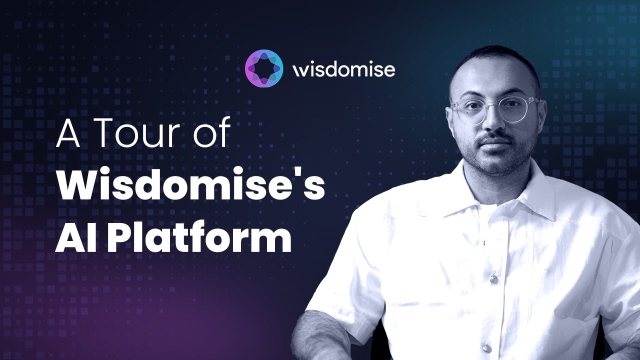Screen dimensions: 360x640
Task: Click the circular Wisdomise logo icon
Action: pos(264,69)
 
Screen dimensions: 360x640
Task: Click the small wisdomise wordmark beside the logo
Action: pos(343,69)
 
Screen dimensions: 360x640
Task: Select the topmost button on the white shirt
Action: pos(484,243)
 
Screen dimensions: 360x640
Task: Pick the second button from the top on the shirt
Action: pos(493,278)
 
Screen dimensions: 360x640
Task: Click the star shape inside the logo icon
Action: pos(264,69)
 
